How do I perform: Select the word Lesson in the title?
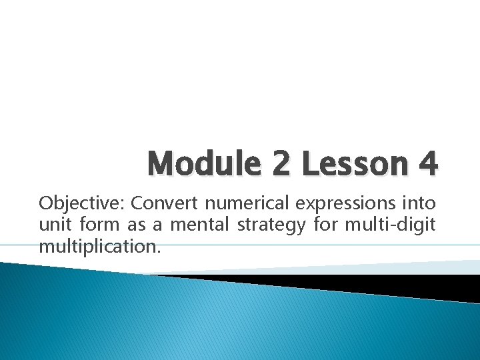point(351,164)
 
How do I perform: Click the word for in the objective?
point(326,225)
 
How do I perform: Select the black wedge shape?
point(373,283)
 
